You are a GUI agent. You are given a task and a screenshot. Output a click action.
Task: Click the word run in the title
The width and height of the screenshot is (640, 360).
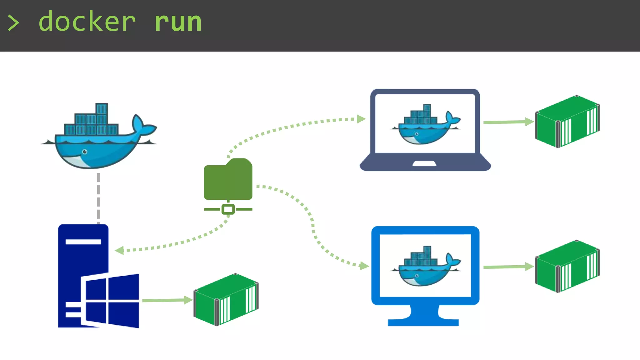178,22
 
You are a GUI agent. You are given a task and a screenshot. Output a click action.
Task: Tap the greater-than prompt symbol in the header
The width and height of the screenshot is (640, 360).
13,23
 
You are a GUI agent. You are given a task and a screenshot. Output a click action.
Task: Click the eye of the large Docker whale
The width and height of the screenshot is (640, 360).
85,152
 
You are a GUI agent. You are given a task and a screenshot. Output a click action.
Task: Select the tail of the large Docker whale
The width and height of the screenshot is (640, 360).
142,125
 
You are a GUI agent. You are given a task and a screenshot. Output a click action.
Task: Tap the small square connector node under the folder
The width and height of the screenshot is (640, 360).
228,209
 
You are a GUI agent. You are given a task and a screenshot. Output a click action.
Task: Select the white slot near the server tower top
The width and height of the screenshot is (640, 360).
83,242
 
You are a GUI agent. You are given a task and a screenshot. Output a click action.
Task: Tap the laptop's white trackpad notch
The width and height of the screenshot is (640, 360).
424,163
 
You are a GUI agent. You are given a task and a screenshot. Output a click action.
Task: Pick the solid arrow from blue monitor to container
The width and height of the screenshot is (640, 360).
508,267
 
